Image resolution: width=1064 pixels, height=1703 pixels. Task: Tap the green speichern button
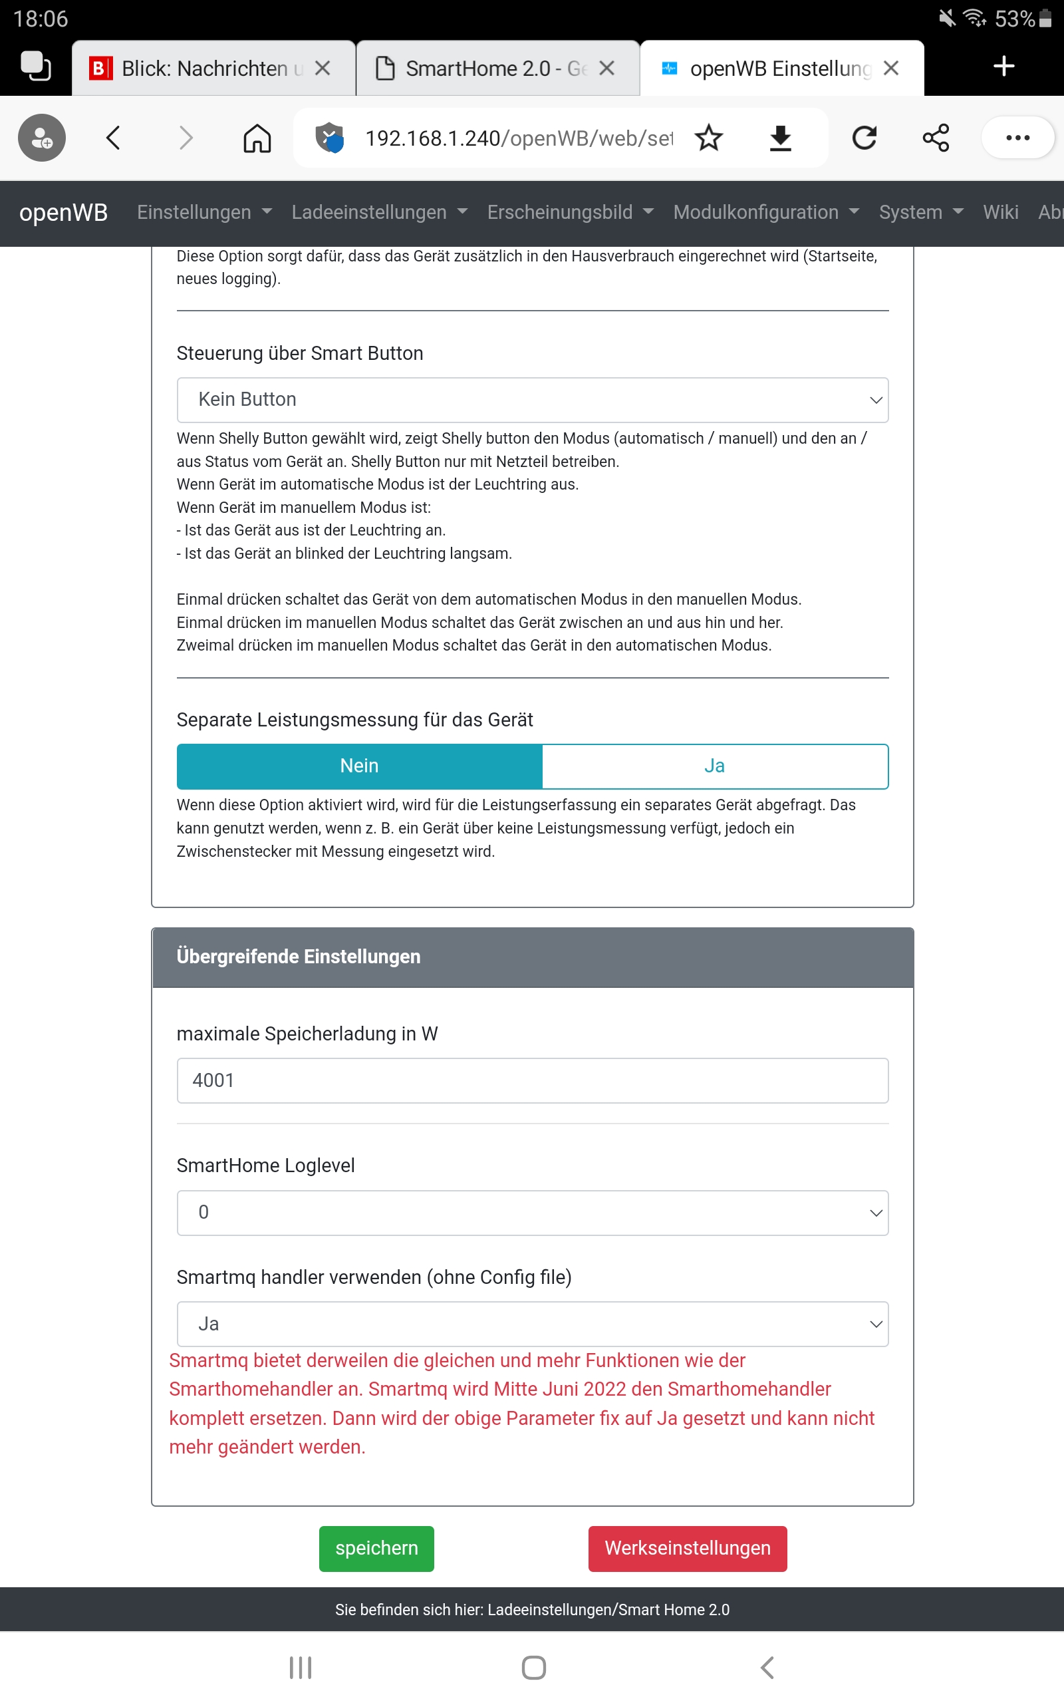[x=376, y=1548]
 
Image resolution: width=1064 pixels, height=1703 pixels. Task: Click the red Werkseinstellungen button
[x=687, y=1548]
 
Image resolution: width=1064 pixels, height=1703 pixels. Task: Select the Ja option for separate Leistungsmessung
[x=714, y=766]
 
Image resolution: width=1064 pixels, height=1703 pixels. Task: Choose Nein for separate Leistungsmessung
[x=359, y=766]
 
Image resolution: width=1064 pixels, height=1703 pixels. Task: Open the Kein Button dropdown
[x=532, y=400]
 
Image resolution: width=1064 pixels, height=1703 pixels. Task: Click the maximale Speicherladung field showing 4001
[x=532, y=1080]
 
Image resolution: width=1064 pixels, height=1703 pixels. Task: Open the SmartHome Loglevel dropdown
[x=532, y=1212]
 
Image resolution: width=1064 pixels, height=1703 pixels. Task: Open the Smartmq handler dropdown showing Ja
[x=532, y=1324]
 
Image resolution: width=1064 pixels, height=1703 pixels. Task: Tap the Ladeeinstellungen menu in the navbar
[x=378, y=212]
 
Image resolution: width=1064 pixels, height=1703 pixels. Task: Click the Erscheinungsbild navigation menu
[x=570, y=212]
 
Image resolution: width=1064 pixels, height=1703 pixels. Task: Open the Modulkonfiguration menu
[x=765, y=212]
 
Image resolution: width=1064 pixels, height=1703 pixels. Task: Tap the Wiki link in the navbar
[x=1000, y=212]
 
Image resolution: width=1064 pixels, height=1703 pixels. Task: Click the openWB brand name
[x=63, y=212]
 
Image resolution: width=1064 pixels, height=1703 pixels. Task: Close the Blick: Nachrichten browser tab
[x=323, y=69]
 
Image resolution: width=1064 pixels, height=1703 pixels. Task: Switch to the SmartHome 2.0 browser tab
[x=485, y=69]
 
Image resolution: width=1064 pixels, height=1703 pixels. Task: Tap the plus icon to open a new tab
[x=1003, y=67]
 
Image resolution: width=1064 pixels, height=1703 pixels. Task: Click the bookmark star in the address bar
[x=709, y=138]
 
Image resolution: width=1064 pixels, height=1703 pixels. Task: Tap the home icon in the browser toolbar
[x=257, y=138]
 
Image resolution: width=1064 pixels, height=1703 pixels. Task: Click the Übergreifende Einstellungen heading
[x=299, y=957]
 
